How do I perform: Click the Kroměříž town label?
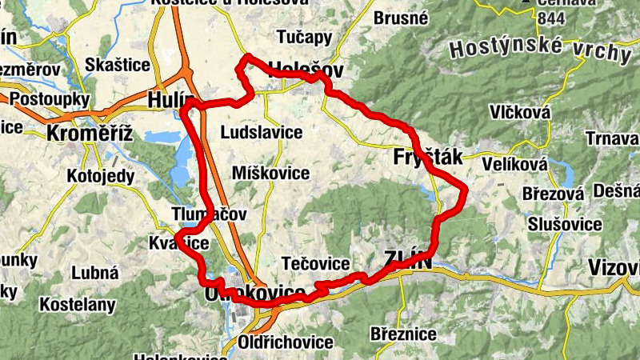[89, 133]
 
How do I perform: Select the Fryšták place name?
[428, 158]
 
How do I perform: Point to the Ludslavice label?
[264, 132]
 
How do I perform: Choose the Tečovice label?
[316, 264]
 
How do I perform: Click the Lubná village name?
[94, 273]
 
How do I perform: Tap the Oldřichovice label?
[286, 342]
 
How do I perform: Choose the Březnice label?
[403, 333]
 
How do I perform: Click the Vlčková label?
[521, 113]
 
